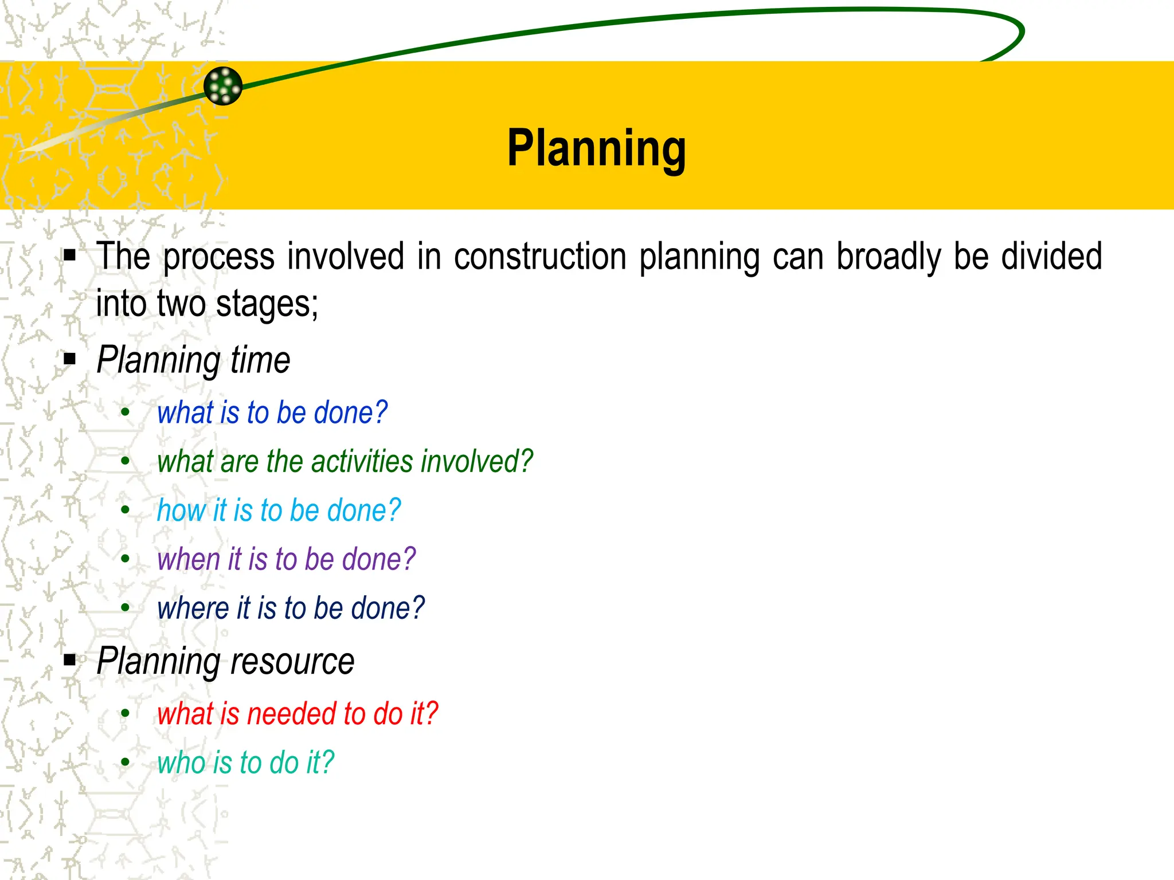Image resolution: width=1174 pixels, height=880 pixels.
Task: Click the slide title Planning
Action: [x=596, y=148]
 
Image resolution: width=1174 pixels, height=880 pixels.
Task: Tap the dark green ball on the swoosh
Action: [x=223, y=86]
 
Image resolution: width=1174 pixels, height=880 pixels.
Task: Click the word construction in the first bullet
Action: [x=540, y=256]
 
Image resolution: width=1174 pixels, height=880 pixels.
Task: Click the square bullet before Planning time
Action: [x=70, y=359]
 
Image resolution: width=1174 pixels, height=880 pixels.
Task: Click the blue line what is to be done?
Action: [x=272, y=412]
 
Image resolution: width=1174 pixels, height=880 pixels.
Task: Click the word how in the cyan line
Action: [x=181, y=510]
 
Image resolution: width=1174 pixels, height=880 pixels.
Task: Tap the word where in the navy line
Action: [x=193, y=608]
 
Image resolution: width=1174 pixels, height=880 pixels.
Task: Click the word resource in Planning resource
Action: [x=292, y=662]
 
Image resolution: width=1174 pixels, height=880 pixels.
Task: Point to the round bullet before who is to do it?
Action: [x=126, y=762]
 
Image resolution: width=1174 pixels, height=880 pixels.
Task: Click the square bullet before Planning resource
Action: [x=70, y=660]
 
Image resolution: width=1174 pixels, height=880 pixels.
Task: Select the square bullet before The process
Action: [x=70, y=255]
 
